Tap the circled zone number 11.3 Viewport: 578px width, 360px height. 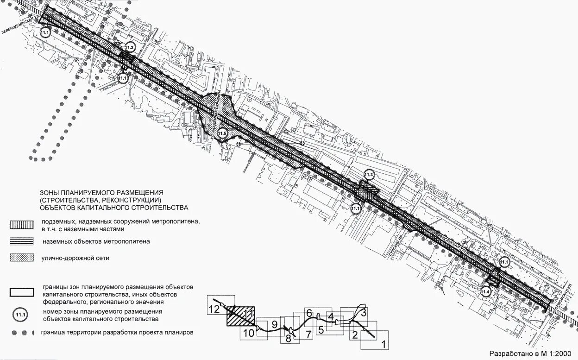tap(369, 175)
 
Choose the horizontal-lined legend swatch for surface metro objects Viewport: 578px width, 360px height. tap(22, 241)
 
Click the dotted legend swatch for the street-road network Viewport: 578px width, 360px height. tap(22, 258)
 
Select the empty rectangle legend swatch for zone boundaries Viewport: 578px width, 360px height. tap(22, 292)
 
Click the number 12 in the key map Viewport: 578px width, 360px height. tap(214, 309)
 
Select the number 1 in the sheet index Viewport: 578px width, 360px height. tap(383, 344)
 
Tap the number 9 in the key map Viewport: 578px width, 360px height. tap(274, 324)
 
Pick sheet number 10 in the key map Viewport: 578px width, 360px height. tap(249, 333)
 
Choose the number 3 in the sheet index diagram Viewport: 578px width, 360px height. tap(364, 313)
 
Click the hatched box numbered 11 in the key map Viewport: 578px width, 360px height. tap(241, 317)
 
